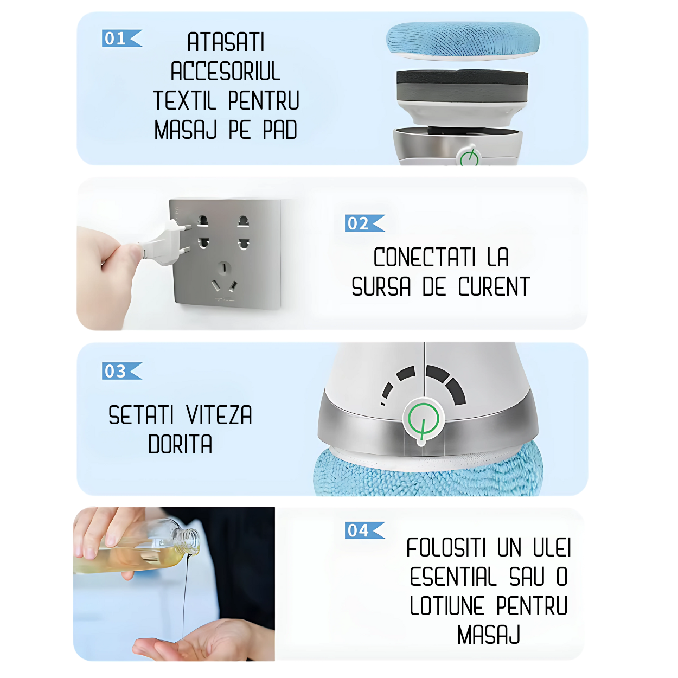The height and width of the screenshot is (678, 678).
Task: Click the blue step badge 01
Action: click(x=121, y=38)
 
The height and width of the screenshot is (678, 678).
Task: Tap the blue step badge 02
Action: click(x=364, y=223)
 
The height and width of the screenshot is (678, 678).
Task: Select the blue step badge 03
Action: click(x=121, y=371)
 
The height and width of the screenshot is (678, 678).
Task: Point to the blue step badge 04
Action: click(x=364, y=530)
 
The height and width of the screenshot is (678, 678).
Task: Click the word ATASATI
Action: click(x=226, y=42)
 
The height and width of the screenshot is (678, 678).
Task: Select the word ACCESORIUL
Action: click(x=226, y=72)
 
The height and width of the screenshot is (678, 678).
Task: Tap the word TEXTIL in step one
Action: click(x=184, y=100)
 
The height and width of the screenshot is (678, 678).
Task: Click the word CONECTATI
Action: click(x=424, y=257)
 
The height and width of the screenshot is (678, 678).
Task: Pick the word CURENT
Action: click(x=494, y=286)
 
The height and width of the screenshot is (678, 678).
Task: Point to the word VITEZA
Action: click(x=219, y=415)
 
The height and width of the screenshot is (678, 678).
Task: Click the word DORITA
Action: click(x=180, y=444)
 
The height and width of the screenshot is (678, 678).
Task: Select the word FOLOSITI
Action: click(x=446, y=547)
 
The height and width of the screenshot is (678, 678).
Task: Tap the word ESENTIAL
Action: click(x=453, y=577)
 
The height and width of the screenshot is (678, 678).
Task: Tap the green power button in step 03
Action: click(x=423, y=420)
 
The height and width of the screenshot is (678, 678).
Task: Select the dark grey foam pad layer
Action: click(x=462, y=86)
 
